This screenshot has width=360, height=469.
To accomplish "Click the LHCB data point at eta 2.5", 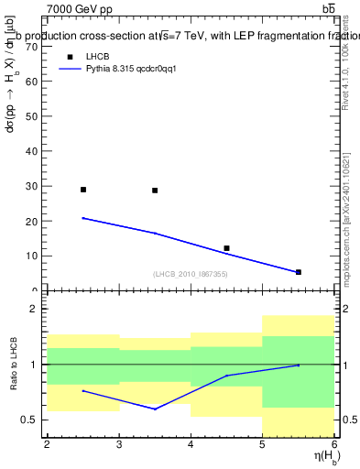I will [83, 190].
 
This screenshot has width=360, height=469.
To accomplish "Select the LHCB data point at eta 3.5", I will [155, 191].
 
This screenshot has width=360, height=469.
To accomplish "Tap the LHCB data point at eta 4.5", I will [226, 248].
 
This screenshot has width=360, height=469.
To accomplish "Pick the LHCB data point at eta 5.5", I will [299, 272].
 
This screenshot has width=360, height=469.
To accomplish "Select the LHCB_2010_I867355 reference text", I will [190, 274].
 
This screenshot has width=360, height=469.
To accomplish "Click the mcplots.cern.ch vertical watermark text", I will [348, 220].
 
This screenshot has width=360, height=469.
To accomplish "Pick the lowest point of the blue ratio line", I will [155, 409].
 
